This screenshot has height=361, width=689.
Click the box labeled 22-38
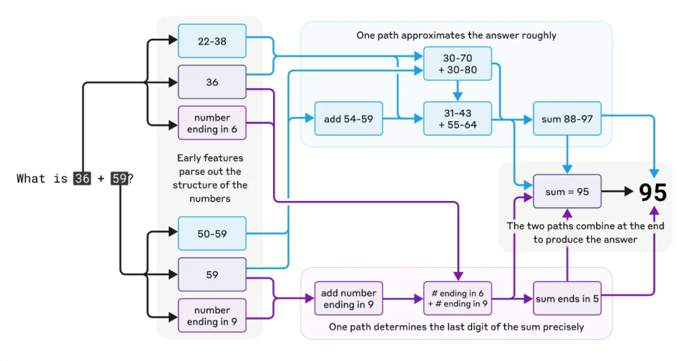[212, 41]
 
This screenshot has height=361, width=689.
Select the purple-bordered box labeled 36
[212, 82]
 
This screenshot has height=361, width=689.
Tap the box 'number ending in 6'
[212, 122]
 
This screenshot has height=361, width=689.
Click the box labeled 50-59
[212, 233]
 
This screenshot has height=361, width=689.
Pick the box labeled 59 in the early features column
[212, 274]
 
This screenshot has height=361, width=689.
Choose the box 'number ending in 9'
[212, 315]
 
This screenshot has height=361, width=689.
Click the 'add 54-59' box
[348, 119]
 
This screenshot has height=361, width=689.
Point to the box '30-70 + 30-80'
[457, 63]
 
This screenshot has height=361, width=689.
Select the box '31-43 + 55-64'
[457, 119]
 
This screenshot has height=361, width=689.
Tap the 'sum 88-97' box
[567, 119]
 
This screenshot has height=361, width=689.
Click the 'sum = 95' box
[567, 191]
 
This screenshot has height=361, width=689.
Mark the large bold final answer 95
[653, 192]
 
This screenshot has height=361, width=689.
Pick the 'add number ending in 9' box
[348, 298]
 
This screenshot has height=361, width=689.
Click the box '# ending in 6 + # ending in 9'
[457, 298]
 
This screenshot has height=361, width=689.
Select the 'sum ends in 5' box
[567, 298]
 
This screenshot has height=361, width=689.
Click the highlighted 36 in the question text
[82, 179]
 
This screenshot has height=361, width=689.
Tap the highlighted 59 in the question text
[119, 179]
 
